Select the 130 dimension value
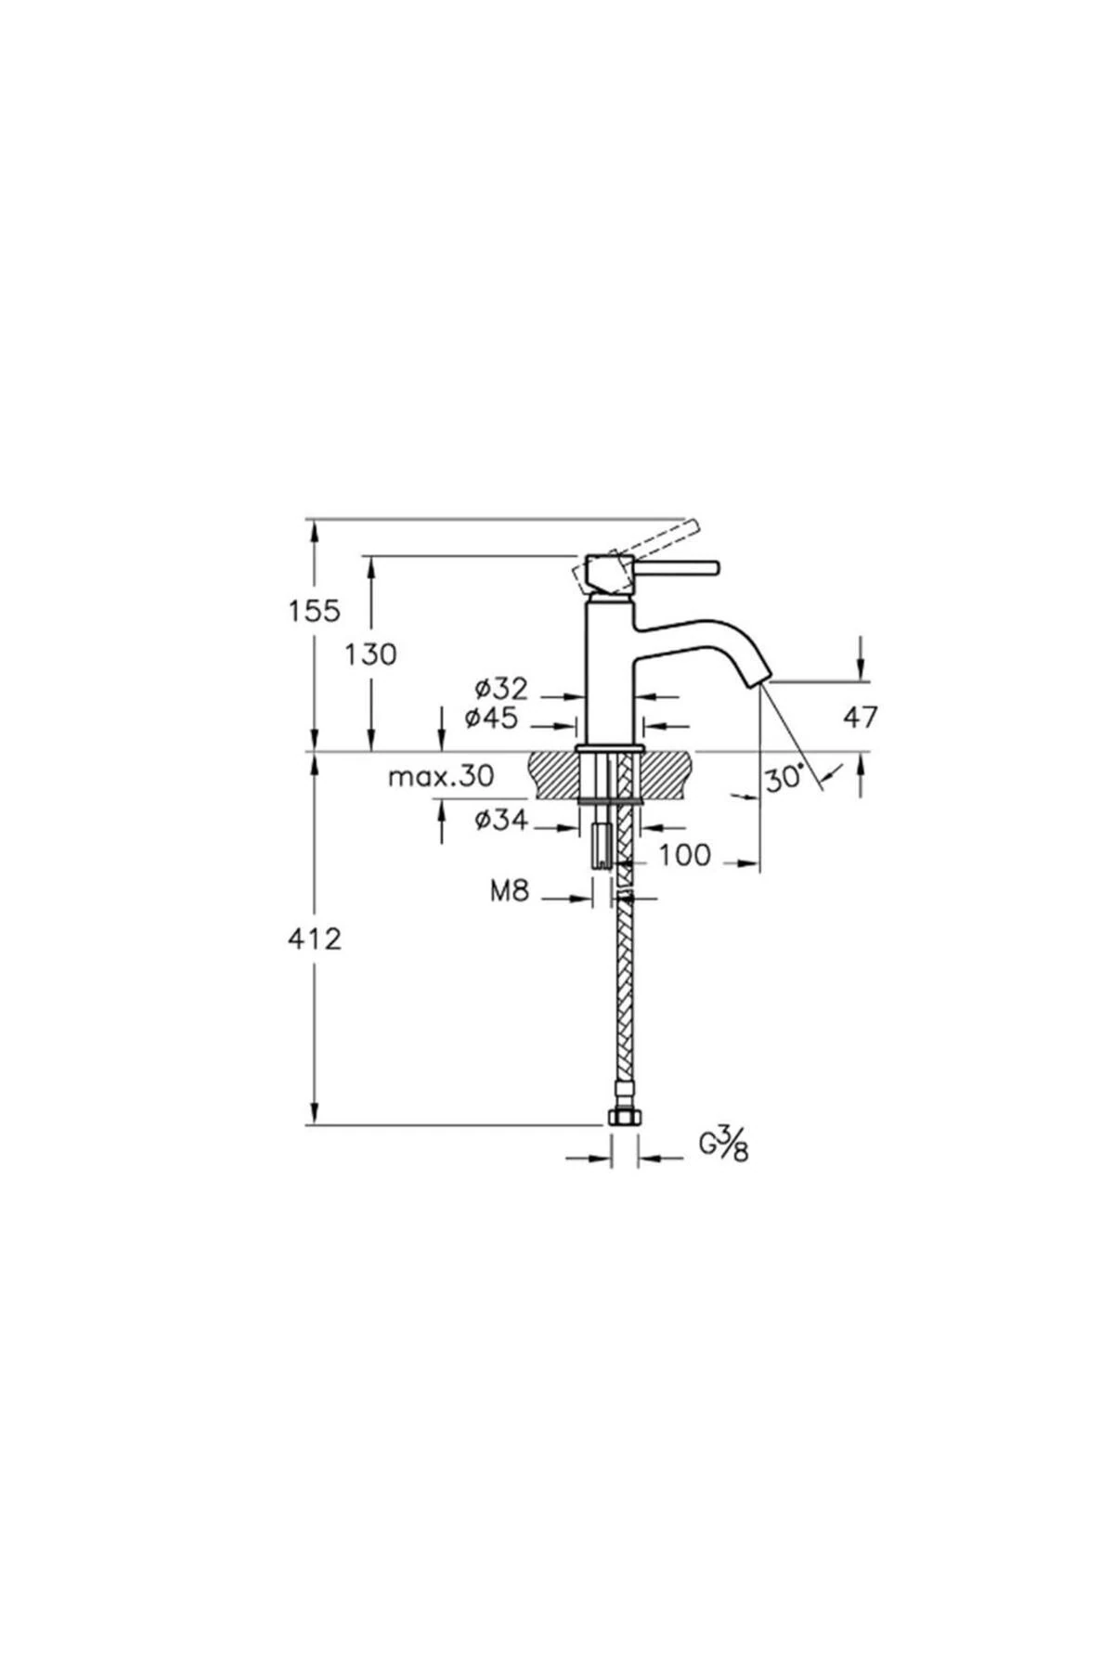coord(370,654)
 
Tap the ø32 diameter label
coord(500,689)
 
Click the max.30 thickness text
coord(441,776)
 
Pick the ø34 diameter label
coord(500,820)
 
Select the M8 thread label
coord(509,892)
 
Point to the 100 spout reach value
coord(684,855)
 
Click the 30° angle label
coord(784,778)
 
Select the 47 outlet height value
coord(860,717)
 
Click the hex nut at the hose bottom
coord(624,1117)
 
